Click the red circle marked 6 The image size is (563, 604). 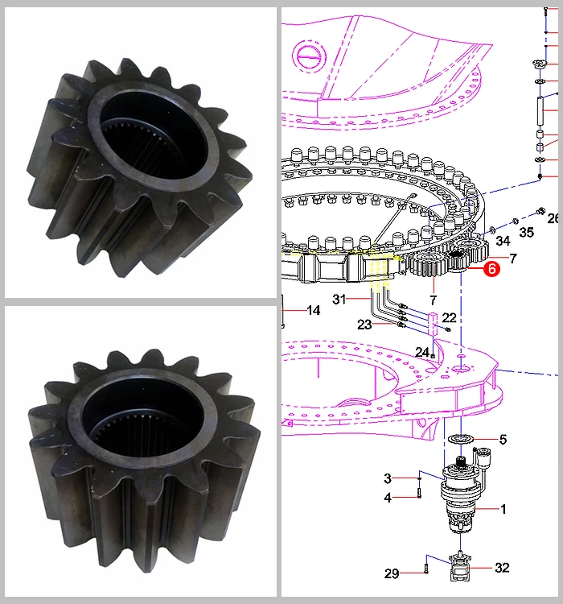(x=491, y=269)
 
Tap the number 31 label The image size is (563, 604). (x=339, y=300)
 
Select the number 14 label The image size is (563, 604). (x=314, y=310)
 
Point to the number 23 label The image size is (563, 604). (x=364, y=325)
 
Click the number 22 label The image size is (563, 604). (x=449, y=318)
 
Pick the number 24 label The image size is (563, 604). (x=422, y=352)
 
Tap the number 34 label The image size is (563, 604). (x=503, y=241)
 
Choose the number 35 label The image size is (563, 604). (x=527, y=232)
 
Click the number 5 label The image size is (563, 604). (x=503, y=440)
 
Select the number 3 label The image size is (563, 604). (x=388, y=478)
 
